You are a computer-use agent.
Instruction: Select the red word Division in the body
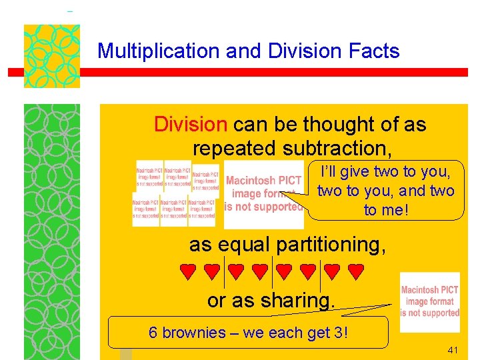(x=191, y=124)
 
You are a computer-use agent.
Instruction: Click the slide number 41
(x=454, y=350)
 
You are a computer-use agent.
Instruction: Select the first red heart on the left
(x=188, y=271)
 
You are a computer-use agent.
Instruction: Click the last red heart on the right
(x=357, y=271)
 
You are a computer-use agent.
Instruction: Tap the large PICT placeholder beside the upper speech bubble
(x=263, y=193)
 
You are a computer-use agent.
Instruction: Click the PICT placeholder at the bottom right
(x=430, y=301)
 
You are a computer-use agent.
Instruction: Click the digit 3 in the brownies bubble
(x=338, y=333)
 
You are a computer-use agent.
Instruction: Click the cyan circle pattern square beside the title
(x=52, y=56)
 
